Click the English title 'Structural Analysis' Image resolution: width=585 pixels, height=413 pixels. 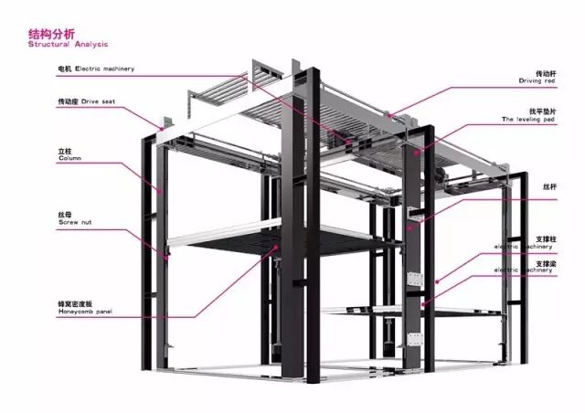point(69,44)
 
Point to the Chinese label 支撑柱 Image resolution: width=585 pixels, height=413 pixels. point(547,238)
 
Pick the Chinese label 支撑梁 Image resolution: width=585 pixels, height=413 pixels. point(547,263)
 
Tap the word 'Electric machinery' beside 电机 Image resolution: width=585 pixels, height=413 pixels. point(108,68)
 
